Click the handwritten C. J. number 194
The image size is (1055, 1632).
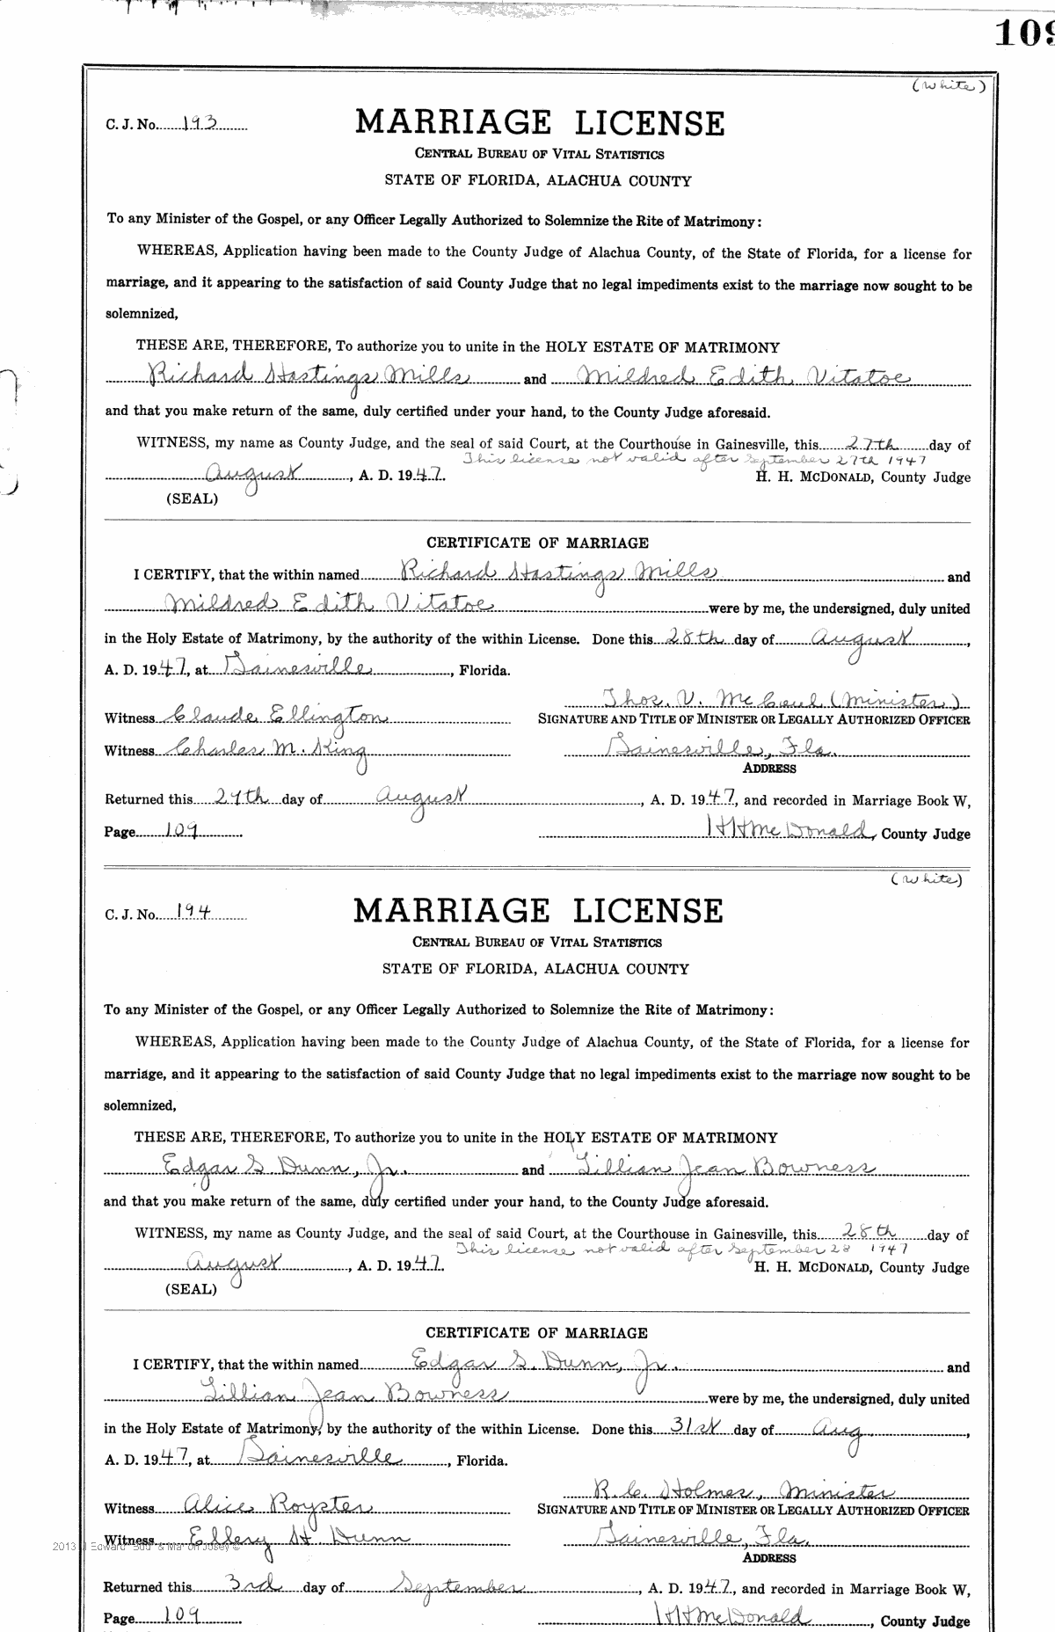191,913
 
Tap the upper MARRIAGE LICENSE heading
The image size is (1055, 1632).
540,123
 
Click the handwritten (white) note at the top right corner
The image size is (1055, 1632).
948,85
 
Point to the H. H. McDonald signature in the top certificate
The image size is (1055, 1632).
789,829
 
